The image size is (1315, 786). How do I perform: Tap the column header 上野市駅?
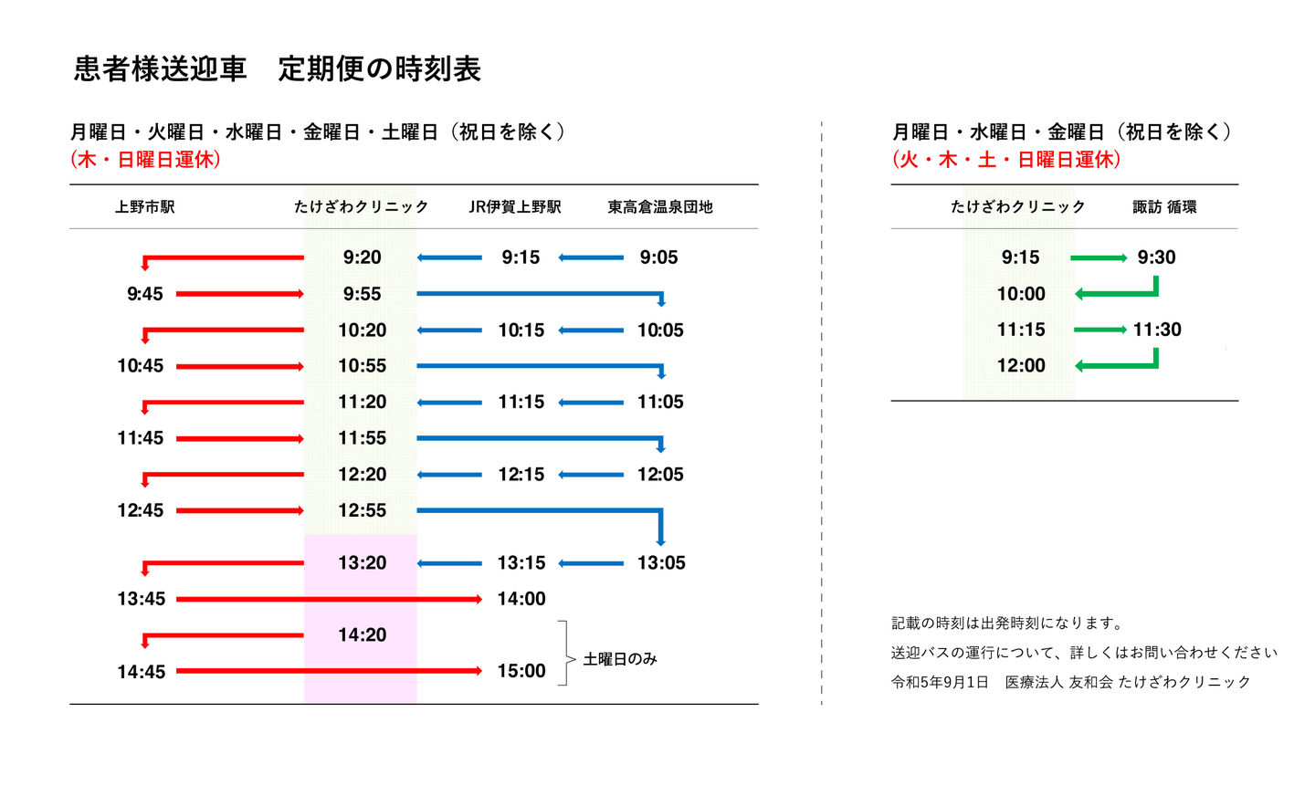point(144,207)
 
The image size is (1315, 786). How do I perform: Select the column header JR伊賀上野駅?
point(515,207)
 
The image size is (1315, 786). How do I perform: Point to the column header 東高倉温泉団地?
point(659,207)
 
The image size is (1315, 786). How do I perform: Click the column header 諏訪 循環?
point(1164,207)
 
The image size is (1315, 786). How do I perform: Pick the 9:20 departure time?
point(362,257)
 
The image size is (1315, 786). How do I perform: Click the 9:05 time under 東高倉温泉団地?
point(658,257)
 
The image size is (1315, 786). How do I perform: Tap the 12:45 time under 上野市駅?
point(140,510)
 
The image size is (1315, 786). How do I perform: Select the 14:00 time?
point(521,599)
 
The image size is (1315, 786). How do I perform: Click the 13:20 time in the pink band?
point(362,562)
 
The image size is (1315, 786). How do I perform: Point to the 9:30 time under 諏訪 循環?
point(1156,257)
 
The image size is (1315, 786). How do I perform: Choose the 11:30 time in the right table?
point(1157,330)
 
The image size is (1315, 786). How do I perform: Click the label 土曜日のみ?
point(620,659)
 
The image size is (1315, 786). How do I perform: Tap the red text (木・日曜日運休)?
point(145,160)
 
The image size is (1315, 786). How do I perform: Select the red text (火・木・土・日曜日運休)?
point(1006,160)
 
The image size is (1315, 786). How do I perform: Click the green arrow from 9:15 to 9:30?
point(1099,258)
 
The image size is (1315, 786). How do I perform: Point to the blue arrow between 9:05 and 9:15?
point(591,258)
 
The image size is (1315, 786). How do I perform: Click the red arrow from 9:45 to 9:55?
point(239,294)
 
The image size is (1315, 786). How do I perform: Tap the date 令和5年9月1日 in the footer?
point(940,682)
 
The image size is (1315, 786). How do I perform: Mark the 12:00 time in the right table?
point(1020,365)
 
